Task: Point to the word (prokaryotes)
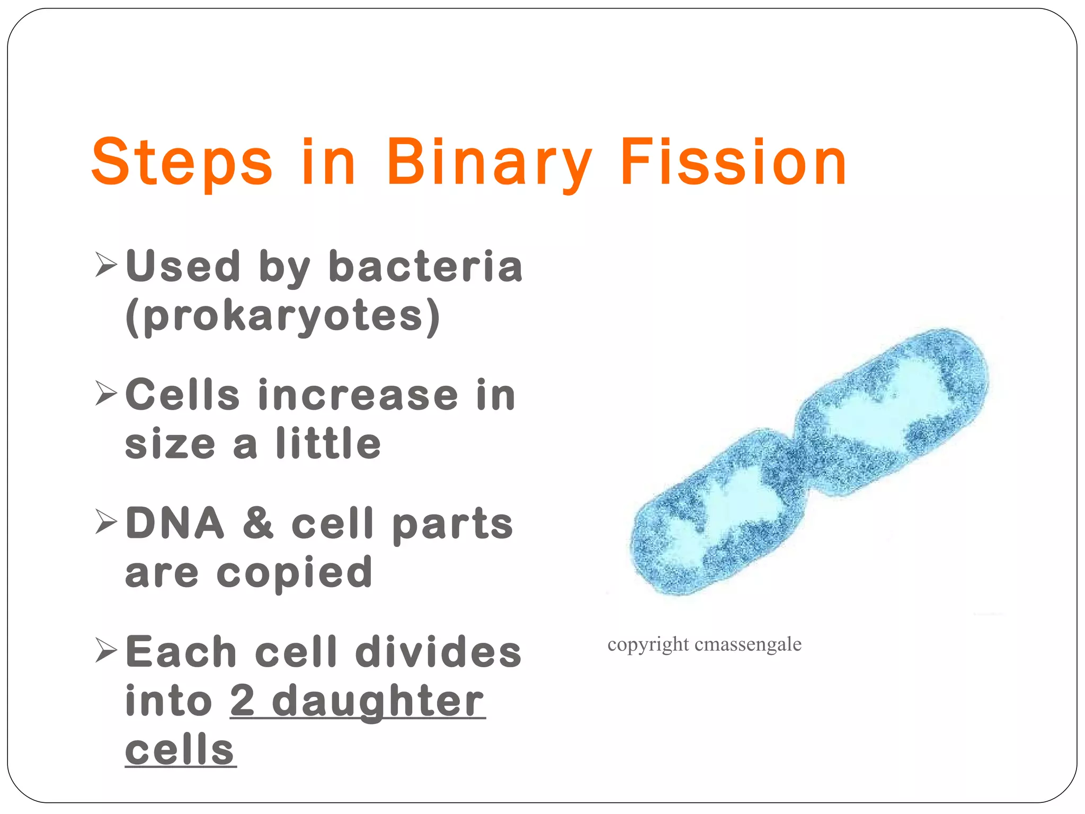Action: pyautogui.click(x=283, y=316)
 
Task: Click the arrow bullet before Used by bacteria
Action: pyautogui.click(x=106, y=264)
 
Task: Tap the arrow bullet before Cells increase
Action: pyautogui.click(x=106, y=393)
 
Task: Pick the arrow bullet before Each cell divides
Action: pyautogui.click(x=106, y=650)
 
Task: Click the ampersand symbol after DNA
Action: pyautogui.click(x=258, y=523)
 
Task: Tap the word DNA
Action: pyautogui.click(x=175, y=523)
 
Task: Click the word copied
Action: pyautogui.click(x=295, y=573)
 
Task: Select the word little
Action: pyautogui.click(x=328, y=444)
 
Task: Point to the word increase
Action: pyautogui.click(x=358, y=395)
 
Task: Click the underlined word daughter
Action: pyautogui.click(x=378, y=702)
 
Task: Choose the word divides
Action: pyautogui.click(x=439, y=652)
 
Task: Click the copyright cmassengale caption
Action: pyautogui.click(x=704, y=644)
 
